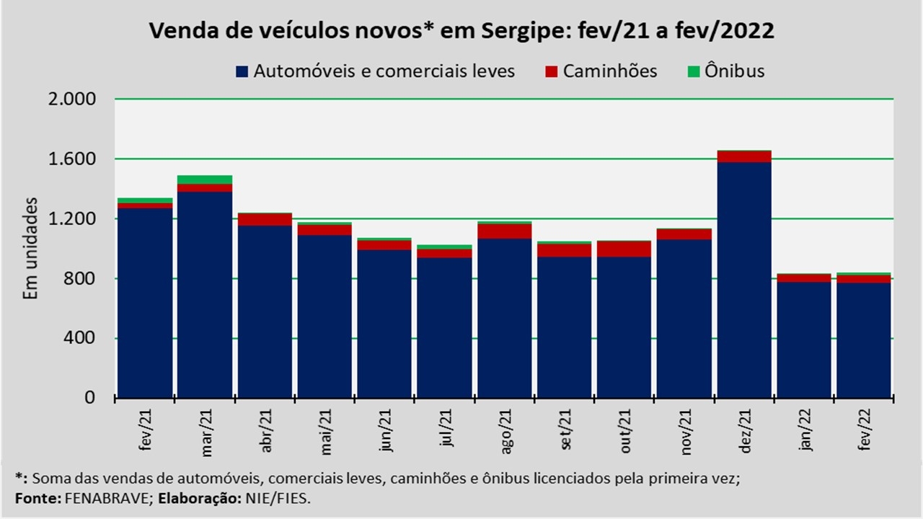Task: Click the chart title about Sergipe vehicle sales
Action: [x=461, y=32]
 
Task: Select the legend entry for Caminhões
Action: [x=610, y=71]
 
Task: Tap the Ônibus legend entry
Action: [x=735, y=71]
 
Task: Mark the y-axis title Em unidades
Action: [x=30, y=249]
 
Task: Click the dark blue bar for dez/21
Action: [x=744, y=281]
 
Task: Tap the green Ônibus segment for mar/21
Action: [x=205, y=179]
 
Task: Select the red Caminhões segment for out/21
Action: [x=624, y=249]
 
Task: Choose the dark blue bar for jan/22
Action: [x=804, y=339]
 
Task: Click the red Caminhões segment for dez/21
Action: [x=744, y=156]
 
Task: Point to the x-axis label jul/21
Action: [x=446, y=431]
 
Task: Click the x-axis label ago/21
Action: [x=505, y=431]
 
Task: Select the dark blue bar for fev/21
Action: [x=145, y=303]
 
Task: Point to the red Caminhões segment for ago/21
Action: [x=505, y=231]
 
